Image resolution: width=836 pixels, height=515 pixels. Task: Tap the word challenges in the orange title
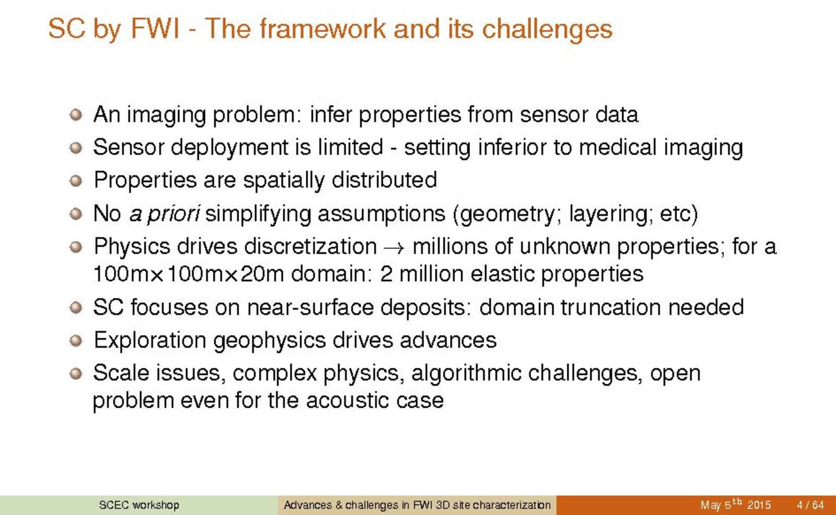[547, 30]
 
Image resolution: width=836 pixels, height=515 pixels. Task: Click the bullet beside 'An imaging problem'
[76, 115]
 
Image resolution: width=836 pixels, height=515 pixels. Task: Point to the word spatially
[284, 181]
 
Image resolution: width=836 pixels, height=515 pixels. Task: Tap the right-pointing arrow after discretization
[394, 248]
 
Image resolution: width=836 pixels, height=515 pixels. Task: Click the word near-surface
[310, 307]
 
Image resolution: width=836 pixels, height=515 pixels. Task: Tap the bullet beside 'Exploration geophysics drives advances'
[76, 340]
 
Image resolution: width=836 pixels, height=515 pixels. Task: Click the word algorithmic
[466, 373]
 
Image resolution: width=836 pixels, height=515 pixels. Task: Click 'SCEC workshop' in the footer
[139, 505]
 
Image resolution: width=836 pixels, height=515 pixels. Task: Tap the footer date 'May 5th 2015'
[736, 504]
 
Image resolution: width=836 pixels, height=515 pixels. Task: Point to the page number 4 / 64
[810, 505]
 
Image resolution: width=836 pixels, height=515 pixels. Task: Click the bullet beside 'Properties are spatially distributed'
[76, 180]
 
